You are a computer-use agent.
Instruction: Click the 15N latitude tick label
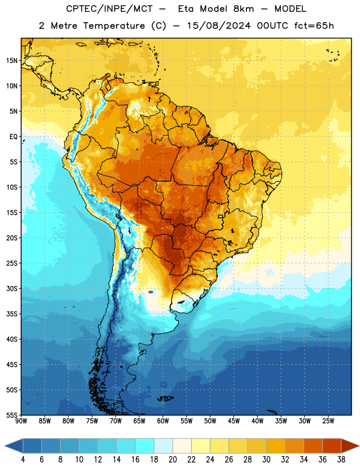(12, 61)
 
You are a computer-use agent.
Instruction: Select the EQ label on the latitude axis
(13, 137)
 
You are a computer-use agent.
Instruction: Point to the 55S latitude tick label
(12, 415)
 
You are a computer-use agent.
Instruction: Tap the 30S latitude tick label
(12, 288)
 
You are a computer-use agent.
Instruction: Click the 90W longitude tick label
(21, 421)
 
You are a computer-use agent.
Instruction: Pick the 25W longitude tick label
(328, 421)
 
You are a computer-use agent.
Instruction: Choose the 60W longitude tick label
(163, 421)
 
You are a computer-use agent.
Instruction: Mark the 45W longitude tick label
(234, 421)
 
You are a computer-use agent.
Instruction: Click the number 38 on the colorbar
(341, 460)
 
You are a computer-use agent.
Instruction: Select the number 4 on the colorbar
(23, 460)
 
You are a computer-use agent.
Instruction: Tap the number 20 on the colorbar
(172, 460)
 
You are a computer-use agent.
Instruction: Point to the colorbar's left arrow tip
(5, 446)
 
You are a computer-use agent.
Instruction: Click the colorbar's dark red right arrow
(350, 446)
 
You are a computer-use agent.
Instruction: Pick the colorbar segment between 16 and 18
(145, 446)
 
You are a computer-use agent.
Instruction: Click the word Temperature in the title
(114, 26)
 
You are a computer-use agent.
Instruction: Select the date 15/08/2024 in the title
(219, 26)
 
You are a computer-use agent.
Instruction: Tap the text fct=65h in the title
(314, 26)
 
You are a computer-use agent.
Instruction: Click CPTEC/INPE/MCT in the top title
(110, 9)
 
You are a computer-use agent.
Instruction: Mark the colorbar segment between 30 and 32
(276, 446)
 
